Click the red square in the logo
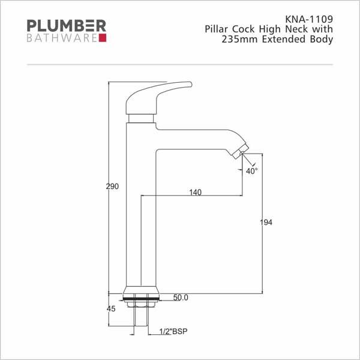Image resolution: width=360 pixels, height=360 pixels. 103,38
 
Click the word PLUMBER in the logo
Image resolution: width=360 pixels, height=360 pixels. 67,26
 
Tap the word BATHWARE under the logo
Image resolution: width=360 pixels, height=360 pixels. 62,38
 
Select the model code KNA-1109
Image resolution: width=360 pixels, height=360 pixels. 309,19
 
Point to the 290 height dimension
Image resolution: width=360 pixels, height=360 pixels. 112,186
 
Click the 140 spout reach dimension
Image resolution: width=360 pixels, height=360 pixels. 196,192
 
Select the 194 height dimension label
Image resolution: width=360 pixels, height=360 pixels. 266,222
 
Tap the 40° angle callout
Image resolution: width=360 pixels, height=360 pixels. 251,171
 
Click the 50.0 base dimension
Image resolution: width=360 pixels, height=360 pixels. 181,298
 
